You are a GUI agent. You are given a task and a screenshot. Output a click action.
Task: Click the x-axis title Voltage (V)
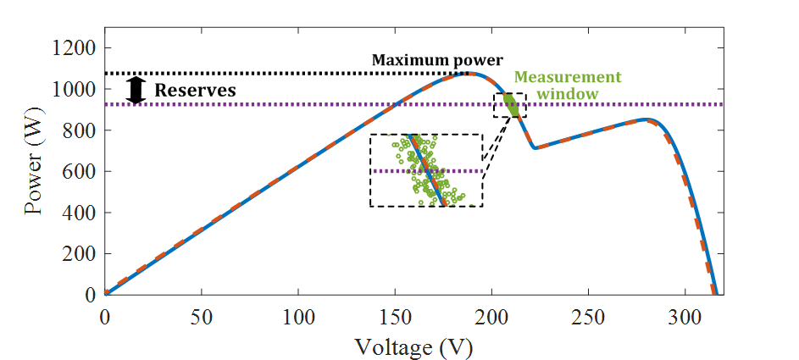pyautogui.click(x=413, y=346)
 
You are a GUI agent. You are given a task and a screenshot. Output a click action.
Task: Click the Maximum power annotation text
pyautogui.click(x=437, y=60)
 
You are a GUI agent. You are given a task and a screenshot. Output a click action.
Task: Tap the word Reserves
pyautogui.click(x=195, y=90)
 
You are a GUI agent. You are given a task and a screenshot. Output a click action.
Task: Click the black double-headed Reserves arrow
pyautogui.click(x=136, y=90)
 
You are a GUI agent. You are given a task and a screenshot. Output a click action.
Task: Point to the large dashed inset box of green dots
pyautogui.click(x=426, y=170)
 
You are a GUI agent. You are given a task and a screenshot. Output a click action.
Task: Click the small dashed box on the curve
pyautogui.click(x=509, y=106)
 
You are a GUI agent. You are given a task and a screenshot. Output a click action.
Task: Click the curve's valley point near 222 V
pyautogui.click(x=535, y=148)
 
